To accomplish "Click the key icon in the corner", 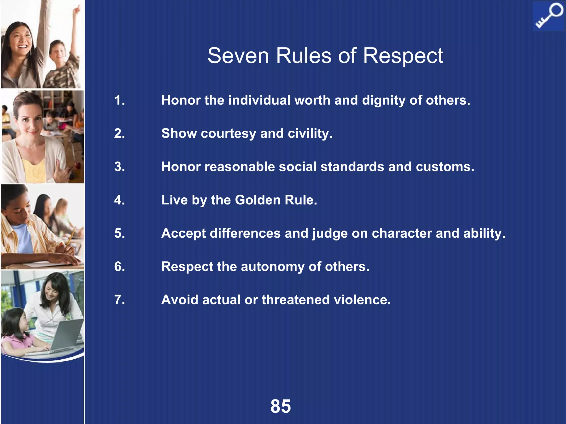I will (549, 16).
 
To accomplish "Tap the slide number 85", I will (281, 406).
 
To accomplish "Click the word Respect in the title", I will (403, 56).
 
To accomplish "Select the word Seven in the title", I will (238, 56).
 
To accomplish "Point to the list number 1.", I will (119, 100).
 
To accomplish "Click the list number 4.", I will (119, 200).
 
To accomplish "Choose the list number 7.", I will (119, 300).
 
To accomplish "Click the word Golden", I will (258, 200).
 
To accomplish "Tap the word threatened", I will (296, 300).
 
